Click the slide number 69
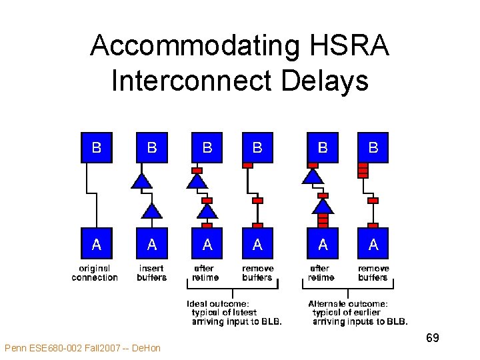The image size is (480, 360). click(432, 338)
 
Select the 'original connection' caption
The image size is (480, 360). click(95, 273)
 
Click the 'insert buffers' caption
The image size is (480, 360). click(152, 273)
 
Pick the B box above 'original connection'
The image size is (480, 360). click(96, 147)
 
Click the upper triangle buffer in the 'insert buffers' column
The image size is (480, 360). click(140, 180)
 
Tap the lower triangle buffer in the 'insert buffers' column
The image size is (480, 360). click(152, 211)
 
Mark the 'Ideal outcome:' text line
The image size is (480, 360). click(218, 304)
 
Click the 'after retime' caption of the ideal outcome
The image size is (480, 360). click(205, 273)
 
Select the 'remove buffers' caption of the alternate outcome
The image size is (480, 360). click(373, 273)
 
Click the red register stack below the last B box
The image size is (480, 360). click(363, 170)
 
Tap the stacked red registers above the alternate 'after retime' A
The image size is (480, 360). click(323, 219)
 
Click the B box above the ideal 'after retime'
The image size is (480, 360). click(207, 147)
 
